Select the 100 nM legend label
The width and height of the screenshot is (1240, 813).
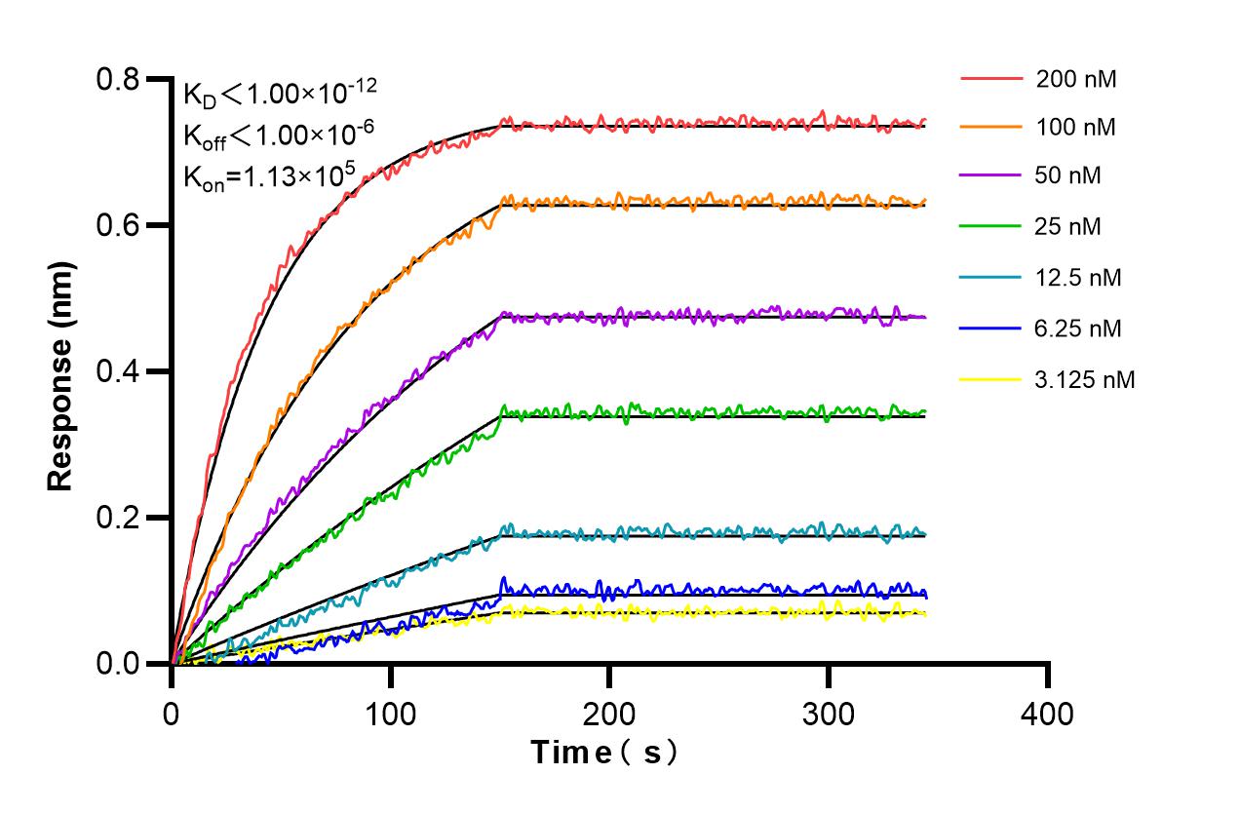pyautogui.click(x=1076, y=127)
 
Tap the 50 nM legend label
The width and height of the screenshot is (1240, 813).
pyautogui.click(x=1069, y=176)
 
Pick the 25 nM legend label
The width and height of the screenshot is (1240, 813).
pyautogui.click(x=1069, y=227)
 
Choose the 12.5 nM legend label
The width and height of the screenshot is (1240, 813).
pyautogui.click(x=1079, y=278)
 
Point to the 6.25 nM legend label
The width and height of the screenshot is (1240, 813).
pyautogui.click(x=1079, y=329)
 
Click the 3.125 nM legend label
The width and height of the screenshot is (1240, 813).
pyautogui.click(x=1085, y=379)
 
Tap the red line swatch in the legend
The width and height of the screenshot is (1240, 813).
pyautogui.click(x=991, y=78)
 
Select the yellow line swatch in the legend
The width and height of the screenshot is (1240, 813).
pyautogui.click(x=991, y=378)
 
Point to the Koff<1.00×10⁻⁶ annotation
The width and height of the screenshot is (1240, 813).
pyautogui.click(x=274, y=135)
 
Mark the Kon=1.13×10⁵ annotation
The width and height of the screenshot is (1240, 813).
pyautogui.click(x=270, y=177)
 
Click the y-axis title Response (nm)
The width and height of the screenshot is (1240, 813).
pyautogui.click(x=60, y=375)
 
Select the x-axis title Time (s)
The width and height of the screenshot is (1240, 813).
pyautogui.click(x=603, y=753)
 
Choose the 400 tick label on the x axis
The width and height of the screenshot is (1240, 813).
pyautogui.click(x=1047, y=714)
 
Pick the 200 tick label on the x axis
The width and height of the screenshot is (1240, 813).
pyautogui.click(x=609, y=714)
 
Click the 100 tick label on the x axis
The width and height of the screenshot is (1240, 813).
pyautogui.click(x=390, y=714)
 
